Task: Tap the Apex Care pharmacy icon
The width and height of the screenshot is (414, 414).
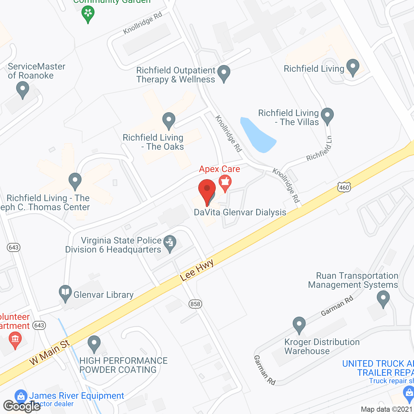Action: point(225,182)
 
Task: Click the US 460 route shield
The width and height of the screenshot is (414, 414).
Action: point(344,187)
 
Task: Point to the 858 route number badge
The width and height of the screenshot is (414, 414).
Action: point(195,304)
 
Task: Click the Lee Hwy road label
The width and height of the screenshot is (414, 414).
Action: point(197,270)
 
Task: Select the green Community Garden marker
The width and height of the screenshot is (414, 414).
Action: point(88,14)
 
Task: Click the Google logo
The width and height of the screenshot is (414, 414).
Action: point(22,406)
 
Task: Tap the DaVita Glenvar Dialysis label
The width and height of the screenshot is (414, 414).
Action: point(240,212)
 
